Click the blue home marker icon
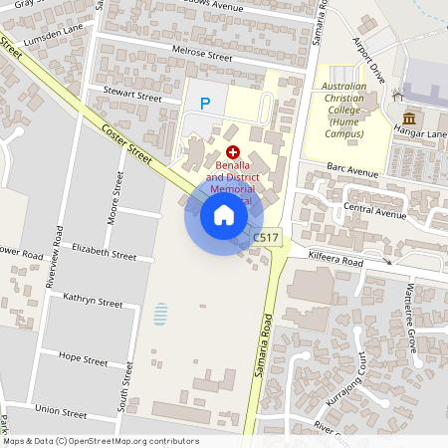pos(224,214)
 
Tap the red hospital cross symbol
pos(233,152)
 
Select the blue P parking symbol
pos(206,103)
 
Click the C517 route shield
pos(266,237)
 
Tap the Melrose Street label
pos(202,58)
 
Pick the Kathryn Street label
pos(92,302)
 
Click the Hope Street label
pos(84,358)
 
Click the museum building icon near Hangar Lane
pos(409,119)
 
